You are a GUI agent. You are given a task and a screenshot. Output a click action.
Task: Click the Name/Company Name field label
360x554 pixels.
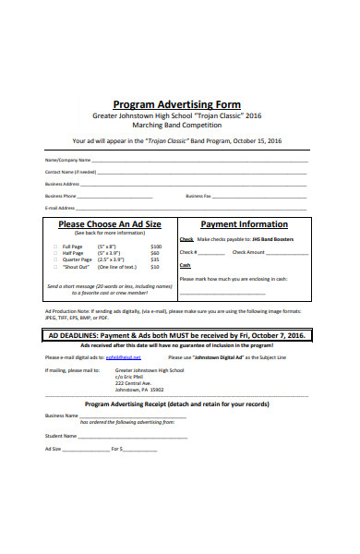coord(65,160)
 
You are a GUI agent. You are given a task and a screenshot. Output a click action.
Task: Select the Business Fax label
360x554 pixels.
coord(198,196)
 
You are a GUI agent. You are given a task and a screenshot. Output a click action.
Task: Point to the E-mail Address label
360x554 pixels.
coord(59,208)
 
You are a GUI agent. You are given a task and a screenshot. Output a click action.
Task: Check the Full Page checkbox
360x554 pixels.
coord(54,247)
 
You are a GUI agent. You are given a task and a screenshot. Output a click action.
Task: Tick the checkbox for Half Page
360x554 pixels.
coord(54,254)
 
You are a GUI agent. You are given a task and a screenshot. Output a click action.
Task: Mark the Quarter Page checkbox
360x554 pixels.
coord(54,260)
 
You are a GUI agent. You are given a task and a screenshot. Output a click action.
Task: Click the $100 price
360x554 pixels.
coord(156,247)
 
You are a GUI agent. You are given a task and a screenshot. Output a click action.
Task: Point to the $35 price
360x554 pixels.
coord(155,260)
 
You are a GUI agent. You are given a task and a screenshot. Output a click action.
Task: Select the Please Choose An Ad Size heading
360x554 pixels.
coord(110,224)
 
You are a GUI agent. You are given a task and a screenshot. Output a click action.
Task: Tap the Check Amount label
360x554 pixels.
coord(248,252)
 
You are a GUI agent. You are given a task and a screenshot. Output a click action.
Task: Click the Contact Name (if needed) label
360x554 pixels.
coord(71,172)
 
